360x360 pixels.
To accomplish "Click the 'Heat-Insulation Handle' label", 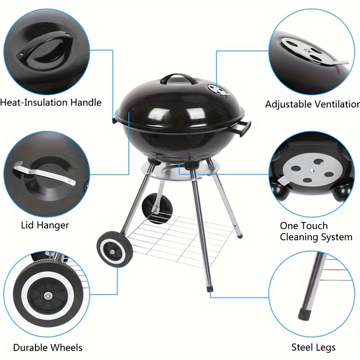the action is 51,103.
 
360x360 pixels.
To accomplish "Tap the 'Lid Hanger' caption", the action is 45,225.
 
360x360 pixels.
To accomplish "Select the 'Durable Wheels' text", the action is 48,347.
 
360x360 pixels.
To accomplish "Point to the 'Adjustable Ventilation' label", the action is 312,104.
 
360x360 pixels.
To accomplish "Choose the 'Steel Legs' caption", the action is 313,347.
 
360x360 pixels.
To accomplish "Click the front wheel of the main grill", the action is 114,250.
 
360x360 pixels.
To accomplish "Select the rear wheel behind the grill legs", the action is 157,208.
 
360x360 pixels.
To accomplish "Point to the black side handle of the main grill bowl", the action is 244,128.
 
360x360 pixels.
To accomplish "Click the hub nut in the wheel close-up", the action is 48,296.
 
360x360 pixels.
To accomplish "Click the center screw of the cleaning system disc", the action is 312,171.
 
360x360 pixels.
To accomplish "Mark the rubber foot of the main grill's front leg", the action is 209,288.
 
